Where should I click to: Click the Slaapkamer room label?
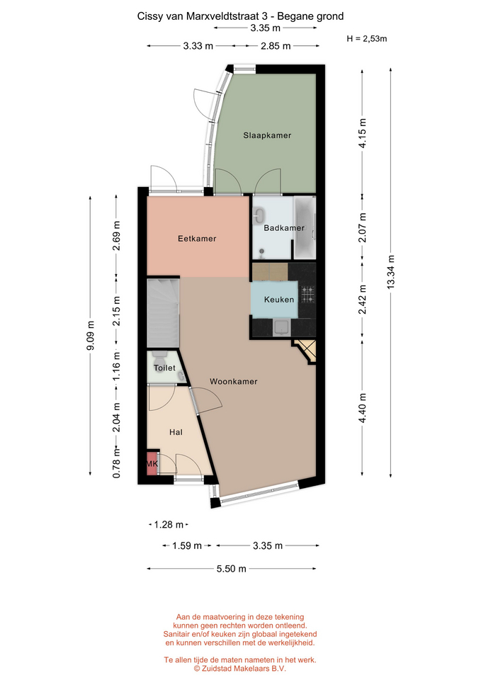click(x=267, y=135)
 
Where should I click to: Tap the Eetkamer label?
click(x=197, y=239)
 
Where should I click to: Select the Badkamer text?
click(x=284, y=227)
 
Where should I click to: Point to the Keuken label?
click(x=279, y=299)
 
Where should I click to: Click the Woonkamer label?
click(x=233, y=382)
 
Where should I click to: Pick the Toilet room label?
click(x=164, y=368)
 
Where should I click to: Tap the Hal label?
click(x=176, y=432)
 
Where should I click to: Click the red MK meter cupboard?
click(x=152, y=463)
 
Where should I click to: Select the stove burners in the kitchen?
click(x=308, y=295)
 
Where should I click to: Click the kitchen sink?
click(x=281, y=327)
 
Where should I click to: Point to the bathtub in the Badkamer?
click(x=305, y=227)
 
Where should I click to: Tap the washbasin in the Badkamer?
click(x=260, y=214)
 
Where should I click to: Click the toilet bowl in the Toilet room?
click(x=159, y=358)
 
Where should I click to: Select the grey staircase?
click(x=163, y=312)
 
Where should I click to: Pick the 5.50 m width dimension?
click(x=231, y=569)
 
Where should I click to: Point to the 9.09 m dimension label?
click(x=90, y=336)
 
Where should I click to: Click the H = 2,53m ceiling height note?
click(x=367, y=38)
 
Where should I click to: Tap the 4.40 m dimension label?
click(x=363, y=408)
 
